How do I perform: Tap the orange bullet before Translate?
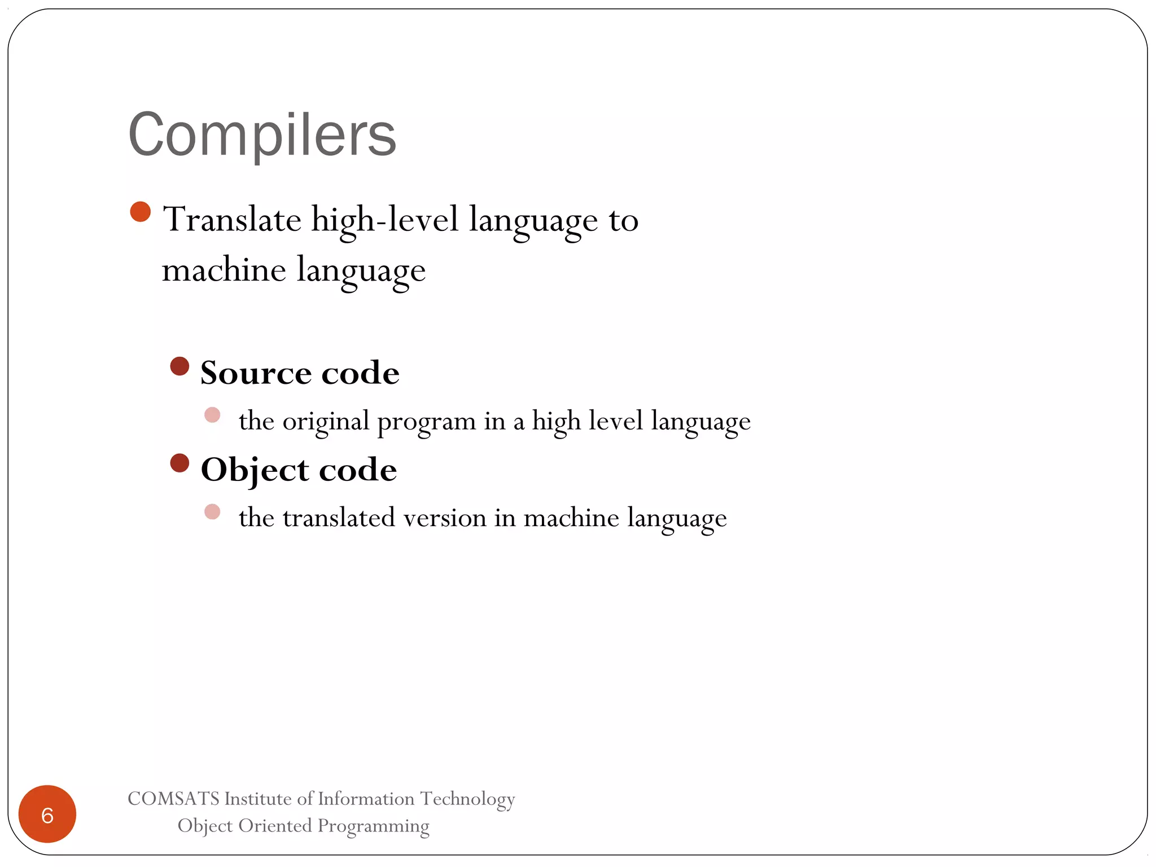[x=140, y=212]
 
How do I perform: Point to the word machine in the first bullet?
[x=224, y=270]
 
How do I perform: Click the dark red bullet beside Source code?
[x=179, y=366]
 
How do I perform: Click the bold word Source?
[x=255, y=373]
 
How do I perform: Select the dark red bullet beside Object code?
[x=179, y=463]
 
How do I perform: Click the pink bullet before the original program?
[x=212, y=415]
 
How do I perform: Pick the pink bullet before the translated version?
[x=212, y=512]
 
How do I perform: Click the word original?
[x=326, y=422]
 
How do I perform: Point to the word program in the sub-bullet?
[x=426, y=422]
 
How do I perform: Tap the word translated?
[x=338, y=518]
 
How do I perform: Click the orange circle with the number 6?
[x=47, y=814]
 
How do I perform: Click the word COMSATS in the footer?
[x=173, y=799]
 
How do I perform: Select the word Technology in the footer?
[x=467, y=799]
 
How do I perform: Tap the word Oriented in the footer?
[x=275, y=826]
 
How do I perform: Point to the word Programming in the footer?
[x=373, y=826]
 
